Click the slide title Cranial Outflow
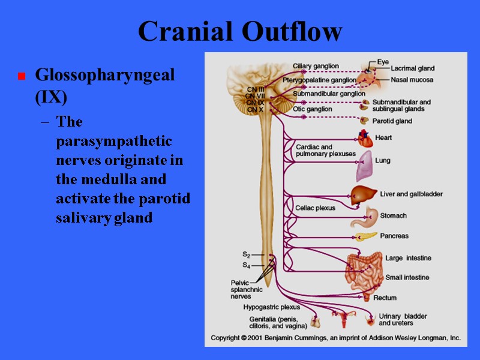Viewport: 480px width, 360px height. point(240,31)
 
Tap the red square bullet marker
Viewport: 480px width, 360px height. point(21,77)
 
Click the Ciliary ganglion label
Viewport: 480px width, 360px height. point(316,66)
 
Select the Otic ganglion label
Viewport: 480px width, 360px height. point(312,109)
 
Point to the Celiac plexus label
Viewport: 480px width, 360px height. point(315,208)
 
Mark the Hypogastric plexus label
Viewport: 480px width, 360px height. point(272,307)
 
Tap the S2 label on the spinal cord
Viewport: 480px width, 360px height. point(247,255)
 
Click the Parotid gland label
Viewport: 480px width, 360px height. point(392,121)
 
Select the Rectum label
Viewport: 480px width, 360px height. point(385,298)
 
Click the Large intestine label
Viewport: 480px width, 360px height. point(408,258)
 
